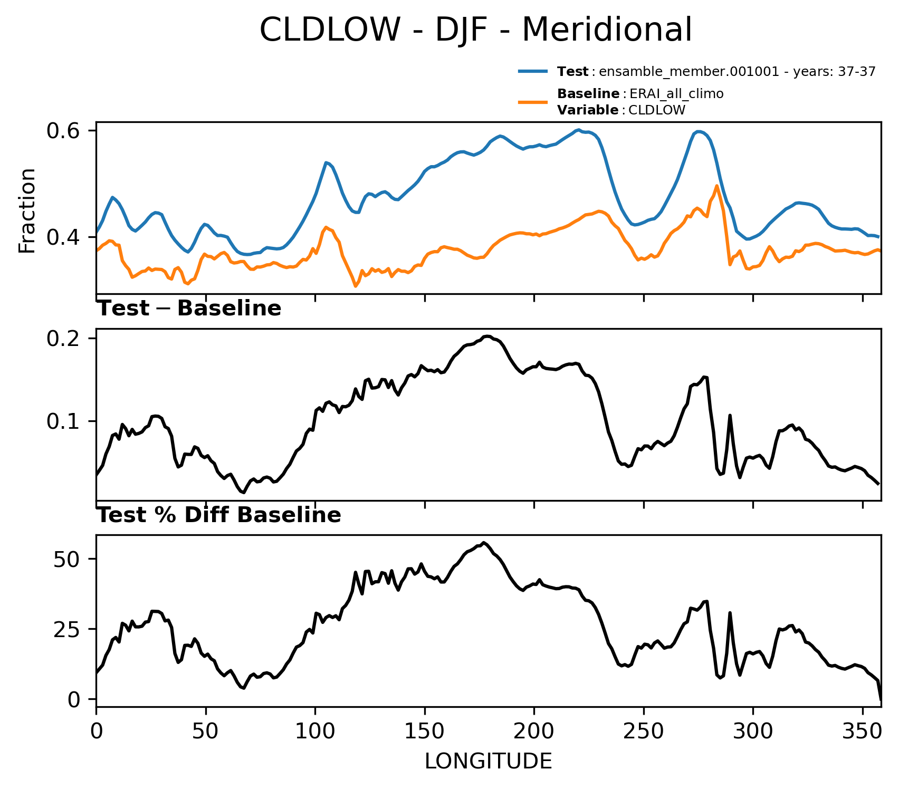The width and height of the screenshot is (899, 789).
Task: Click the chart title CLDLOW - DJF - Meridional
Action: coord(475,30)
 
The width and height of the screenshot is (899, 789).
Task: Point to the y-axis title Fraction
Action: coord(27,210)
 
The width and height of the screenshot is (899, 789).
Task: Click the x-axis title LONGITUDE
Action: coord(489,761)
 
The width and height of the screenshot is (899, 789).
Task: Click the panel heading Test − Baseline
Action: coord(189,309)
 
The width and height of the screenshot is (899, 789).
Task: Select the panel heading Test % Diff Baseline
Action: coord(219,515)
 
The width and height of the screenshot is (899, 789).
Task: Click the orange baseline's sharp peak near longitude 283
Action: coord(716,186)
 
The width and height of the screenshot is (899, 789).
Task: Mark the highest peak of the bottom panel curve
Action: coord(484,542)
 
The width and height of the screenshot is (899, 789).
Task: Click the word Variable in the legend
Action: coord(588,110)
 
